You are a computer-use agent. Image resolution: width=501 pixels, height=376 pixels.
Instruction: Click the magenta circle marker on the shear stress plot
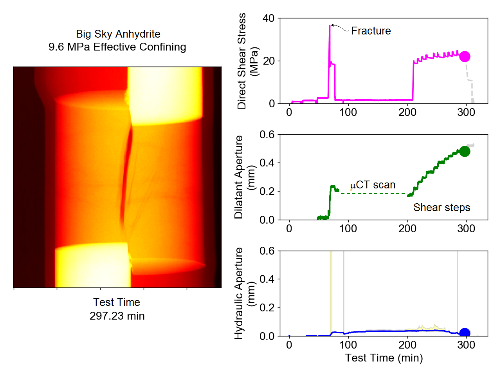(465, 57)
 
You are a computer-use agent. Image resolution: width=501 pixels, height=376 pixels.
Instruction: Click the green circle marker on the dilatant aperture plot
(465, 152)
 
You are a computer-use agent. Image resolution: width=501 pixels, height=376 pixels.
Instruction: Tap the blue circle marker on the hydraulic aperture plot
(465, 333)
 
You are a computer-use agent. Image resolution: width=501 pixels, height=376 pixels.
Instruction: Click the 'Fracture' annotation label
(371, 31)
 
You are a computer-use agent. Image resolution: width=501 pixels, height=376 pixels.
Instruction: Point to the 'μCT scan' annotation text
(373, 185)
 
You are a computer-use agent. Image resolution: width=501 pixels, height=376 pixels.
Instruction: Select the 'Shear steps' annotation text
(442, 208)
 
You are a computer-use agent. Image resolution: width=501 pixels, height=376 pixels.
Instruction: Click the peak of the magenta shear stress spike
(330, 26)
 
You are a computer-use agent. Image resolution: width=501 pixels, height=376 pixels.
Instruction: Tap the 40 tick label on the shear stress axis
(269, 18)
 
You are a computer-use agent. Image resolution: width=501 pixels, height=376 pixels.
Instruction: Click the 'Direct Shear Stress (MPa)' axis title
(248, 61)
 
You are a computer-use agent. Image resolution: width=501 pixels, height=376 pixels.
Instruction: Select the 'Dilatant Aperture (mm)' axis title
(244, 177)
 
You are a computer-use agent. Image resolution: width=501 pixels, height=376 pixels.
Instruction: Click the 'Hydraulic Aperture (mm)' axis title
(244, 293)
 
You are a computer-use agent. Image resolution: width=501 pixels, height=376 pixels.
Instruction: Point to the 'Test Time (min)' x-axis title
(384, 358)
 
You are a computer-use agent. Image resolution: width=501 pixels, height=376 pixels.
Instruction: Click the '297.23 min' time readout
(117, 316)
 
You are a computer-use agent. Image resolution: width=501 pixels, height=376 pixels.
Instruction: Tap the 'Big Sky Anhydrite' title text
(118, 34)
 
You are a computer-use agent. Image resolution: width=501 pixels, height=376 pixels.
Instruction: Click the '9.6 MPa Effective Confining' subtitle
(117, 47)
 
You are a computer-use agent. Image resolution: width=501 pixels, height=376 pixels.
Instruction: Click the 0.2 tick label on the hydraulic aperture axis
(267, 308)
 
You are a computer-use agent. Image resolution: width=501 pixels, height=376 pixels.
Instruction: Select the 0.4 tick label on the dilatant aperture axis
(267, 163)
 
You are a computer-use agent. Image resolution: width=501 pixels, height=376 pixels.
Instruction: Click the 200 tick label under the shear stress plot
(407, 112)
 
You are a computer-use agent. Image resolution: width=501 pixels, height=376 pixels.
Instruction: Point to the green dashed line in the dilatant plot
(374, 193)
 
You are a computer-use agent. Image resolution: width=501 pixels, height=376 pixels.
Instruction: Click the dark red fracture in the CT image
(126, 172)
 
